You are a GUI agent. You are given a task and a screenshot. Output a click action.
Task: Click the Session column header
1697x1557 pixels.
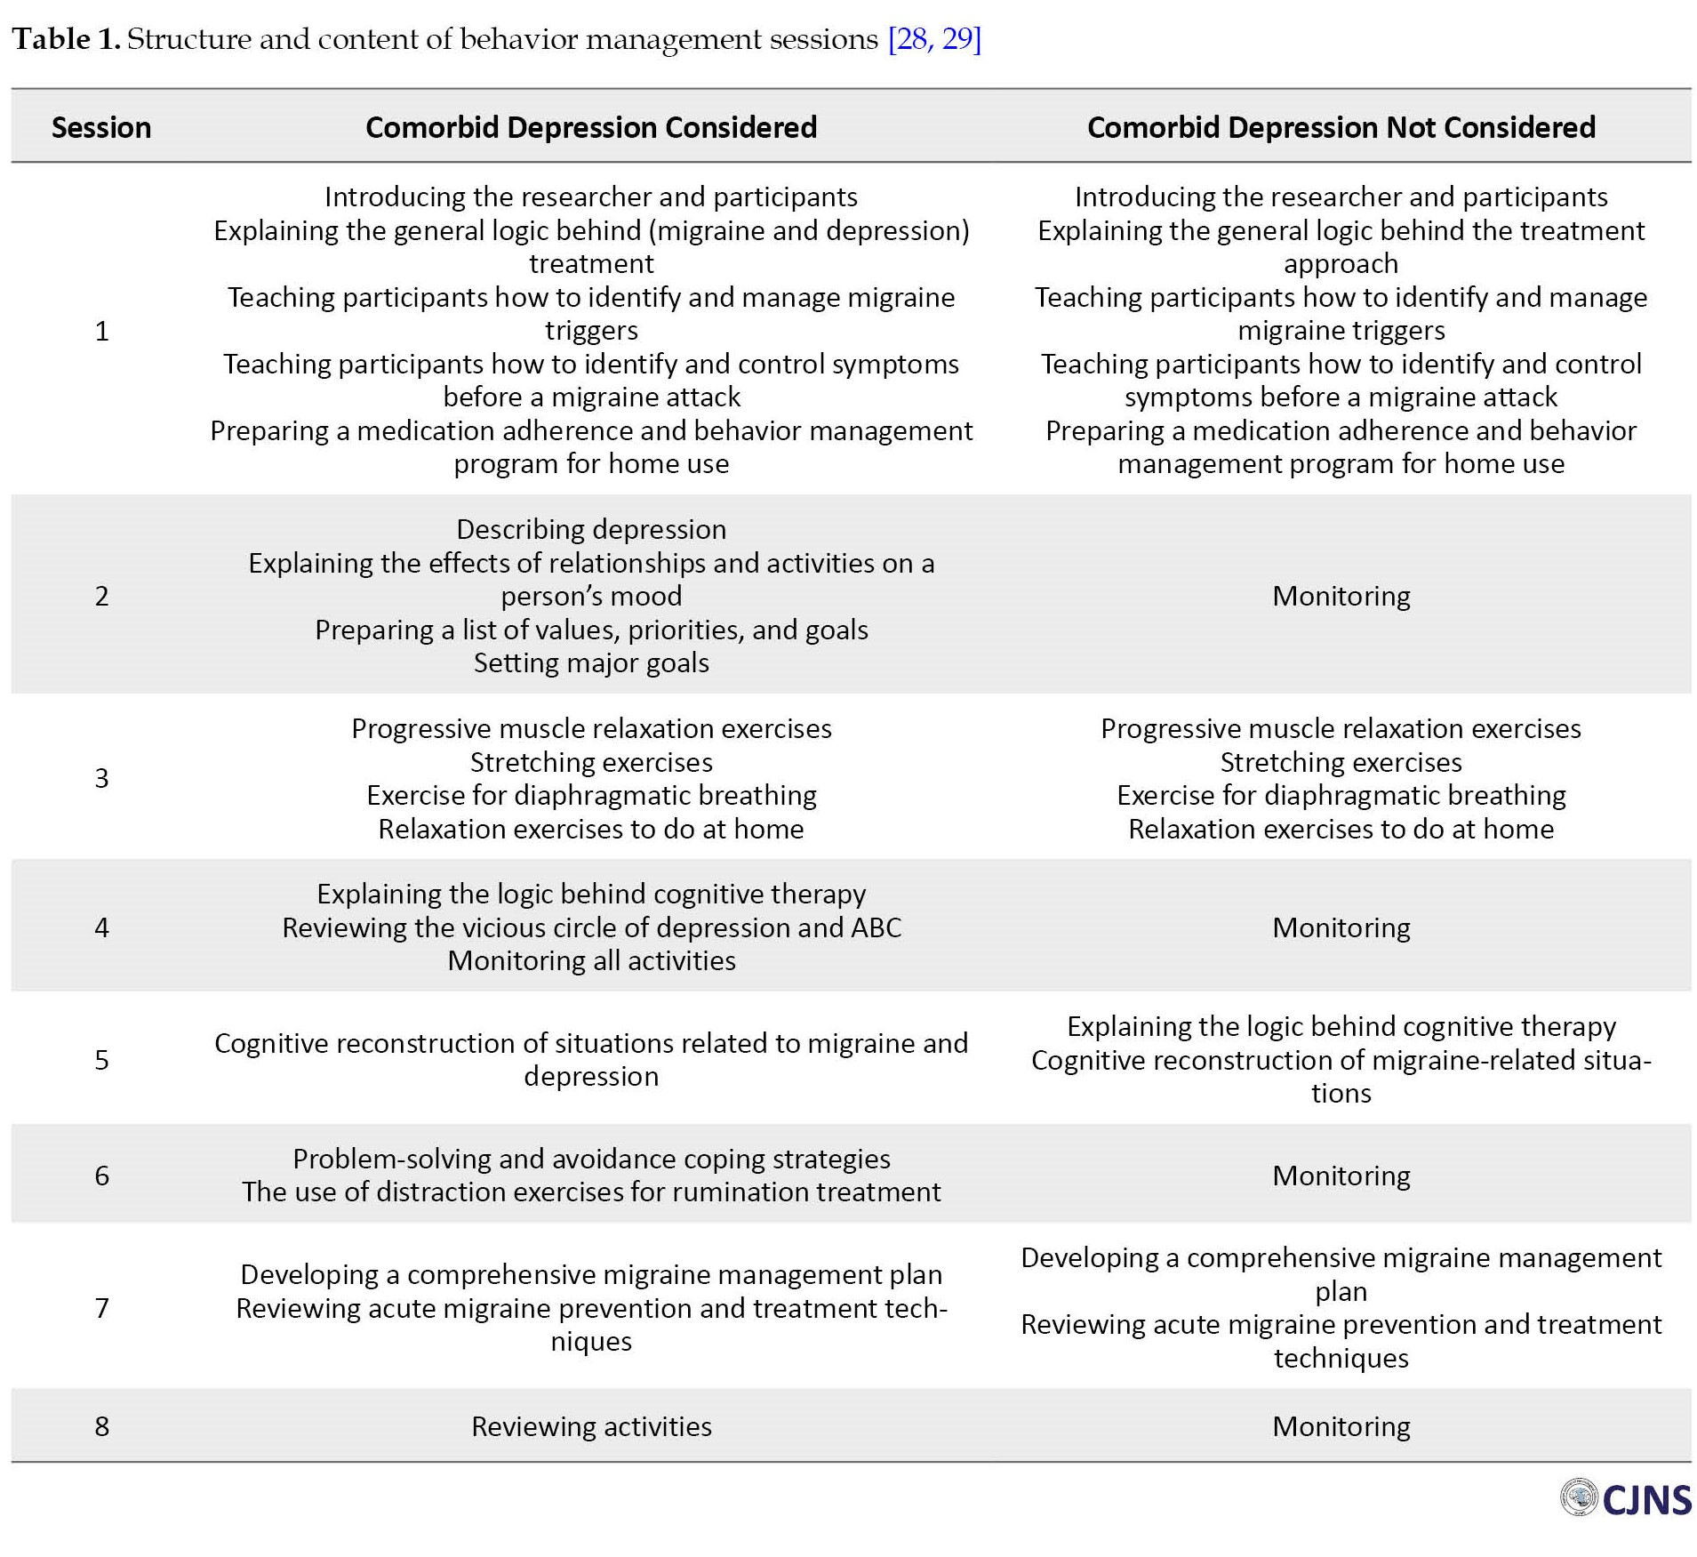(x=101, y=128)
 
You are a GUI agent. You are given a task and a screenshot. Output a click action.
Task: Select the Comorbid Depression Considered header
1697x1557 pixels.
(x=591, y=128)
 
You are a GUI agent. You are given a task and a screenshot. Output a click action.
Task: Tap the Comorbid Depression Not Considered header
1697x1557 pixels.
(x=1341, y=128)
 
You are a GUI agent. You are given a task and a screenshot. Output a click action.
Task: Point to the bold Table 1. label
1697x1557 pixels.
(x=66, y=39)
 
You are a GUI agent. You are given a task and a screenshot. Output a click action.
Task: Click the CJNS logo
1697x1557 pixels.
(x=1626, y=1499)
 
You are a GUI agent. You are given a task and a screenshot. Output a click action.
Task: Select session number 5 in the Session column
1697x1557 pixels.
(x=102, y=1060)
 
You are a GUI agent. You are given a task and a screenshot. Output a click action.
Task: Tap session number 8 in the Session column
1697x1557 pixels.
(x=102, y=1426)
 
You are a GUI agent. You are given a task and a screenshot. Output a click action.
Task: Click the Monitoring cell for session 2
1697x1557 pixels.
(x=1341, y=596)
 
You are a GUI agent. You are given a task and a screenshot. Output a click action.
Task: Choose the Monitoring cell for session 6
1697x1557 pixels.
(x=1341, y=1176)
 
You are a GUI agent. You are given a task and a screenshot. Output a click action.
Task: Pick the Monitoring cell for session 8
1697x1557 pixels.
(x=1341, y=1426)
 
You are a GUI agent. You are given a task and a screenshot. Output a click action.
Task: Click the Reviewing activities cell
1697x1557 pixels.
(x=591, y=1426)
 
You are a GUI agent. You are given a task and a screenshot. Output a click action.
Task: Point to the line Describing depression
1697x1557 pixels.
(x=591, y=530)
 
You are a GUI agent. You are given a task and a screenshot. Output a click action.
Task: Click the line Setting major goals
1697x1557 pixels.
(x=591, y=663)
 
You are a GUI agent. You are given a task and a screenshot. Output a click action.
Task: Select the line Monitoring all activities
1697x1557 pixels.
(x=591, y=961)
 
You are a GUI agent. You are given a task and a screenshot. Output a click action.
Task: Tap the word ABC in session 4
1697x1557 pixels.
(x=876, y=928)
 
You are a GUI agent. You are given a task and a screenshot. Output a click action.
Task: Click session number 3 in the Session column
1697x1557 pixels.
(x=102, y=779)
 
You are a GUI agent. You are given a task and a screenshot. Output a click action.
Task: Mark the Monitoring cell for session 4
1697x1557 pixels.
(x=1341, y=928)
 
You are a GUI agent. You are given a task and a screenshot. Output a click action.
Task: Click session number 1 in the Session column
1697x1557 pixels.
(x=102, y=332)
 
